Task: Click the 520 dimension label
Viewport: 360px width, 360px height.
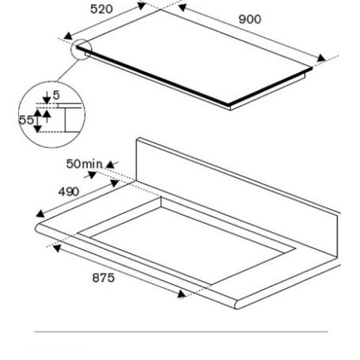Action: click(101, 9)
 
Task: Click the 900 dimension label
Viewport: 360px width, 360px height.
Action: click(250, 19)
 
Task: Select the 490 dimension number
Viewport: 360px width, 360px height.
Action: click(69, 191)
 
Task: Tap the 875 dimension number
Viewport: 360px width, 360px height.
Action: click(104, 278)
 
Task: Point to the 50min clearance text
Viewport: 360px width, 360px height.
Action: click(84, 164)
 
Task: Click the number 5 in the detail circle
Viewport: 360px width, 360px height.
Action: click(56, 95)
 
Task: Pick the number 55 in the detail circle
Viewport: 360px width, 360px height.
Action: click(26, 120)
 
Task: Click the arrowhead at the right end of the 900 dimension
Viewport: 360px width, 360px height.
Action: click(321, 58)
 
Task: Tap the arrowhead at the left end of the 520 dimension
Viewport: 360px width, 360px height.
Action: click(68, 36)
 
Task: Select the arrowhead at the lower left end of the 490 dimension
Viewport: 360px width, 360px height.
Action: click(40, 214)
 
